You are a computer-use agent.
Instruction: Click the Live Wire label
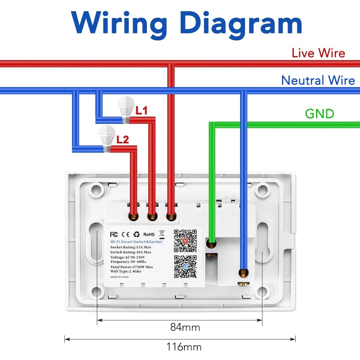pos(318,53)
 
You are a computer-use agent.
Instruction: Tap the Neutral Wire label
pos(318,80)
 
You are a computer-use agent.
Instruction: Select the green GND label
pos(320,114)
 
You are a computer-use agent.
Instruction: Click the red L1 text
pos(141,111)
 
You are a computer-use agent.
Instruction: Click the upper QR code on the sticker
pos(185,240)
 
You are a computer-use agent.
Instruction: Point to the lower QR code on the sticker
pos(185,266)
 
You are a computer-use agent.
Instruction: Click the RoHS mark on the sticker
pos(149,234)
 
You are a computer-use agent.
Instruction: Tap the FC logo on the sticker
pos(114,234)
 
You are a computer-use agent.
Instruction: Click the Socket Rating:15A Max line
pos(131,247)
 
